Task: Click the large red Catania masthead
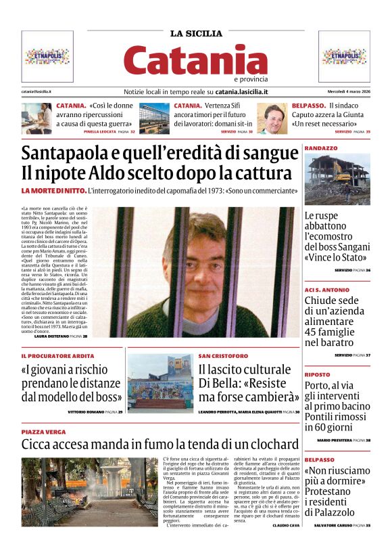click(x=195, y=60)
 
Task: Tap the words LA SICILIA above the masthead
click(x=195, y=33)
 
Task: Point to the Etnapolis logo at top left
click(x=47, y=56)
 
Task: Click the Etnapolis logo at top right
click(x=345, y=56)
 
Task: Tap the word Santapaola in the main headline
click(x=65, y=153)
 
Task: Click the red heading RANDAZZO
click(x=321, y=148)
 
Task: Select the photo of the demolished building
click(x=337, y=179)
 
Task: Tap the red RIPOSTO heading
click(x=317, y=374)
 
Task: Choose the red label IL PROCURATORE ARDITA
click(x=57, y=355)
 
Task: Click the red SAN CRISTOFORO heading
click(x=223, y=355)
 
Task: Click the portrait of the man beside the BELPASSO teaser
click(x=274, y=118)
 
